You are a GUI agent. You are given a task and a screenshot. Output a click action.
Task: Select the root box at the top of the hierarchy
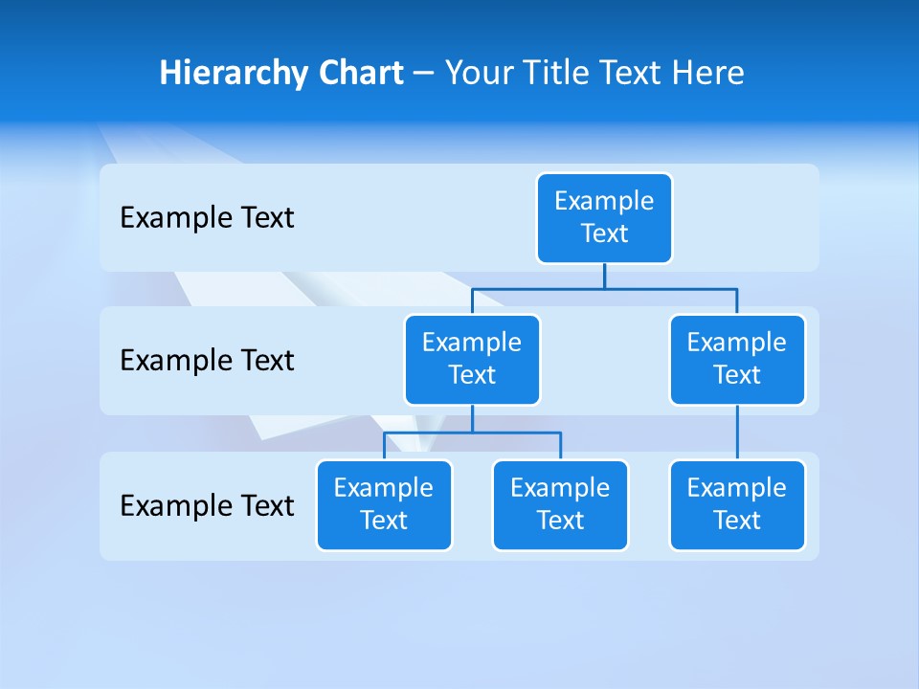tap(604, 218)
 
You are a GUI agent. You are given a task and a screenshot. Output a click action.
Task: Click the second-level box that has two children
tap(472, 360)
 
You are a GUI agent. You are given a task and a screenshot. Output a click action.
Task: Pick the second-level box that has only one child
tap(737, 360)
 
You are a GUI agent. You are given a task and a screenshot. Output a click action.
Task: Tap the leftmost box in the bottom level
tap(384, 505)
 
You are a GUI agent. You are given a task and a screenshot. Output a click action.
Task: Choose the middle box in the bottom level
tap(560, 505)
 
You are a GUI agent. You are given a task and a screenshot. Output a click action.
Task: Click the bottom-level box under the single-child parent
tap(737, 505)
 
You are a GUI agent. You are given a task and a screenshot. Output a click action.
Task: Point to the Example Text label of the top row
tap(207, 218)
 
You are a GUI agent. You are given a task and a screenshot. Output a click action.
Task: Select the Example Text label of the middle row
tap(207, 361)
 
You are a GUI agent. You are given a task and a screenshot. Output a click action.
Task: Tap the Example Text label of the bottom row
tap(207, 505)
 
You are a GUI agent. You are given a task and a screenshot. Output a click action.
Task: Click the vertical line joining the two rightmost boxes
tap(737, 433)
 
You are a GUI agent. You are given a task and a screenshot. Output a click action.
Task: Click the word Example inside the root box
tap(604, 201)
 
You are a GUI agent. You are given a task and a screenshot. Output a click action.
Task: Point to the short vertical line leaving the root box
tap(604, 276)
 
